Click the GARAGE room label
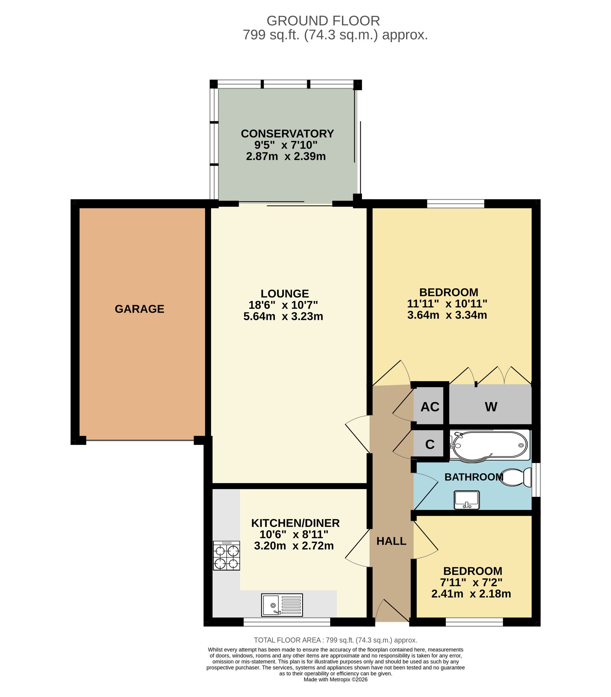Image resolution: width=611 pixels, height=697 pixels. click(x=139, y=309)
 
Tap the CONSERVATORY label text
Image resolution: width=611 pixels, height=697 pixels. click(x=287, y=134)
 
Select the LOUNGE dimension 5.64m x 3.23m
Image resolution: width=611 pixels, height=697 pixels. click(x=283, y=316)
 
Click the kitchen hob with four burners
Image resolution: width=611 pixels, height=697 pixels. click(x=226, y=556)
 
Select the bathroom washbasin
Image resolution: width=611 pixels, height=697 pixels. click(x=466, y=500)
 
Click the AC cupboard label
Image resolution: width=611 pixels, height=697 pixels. click(x=430, y=407)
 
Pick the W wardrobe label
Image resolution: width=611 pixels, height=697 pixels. click(x=491, y=407)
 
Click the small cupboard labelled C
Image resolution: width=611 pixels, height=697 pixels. click(x=430, y=444)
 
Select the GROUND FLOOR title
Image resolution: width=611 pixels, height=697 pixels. click(x=323, y=21)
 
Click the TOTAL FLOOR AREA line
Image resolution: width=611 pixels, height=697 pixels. click(x=335, y=640)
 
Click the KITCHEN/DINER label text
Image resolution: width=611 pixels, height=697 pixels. click(x=295, y=523)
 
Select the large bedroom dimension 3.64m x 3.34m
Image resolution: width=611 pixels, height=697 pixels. click(x=447, y=315)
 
